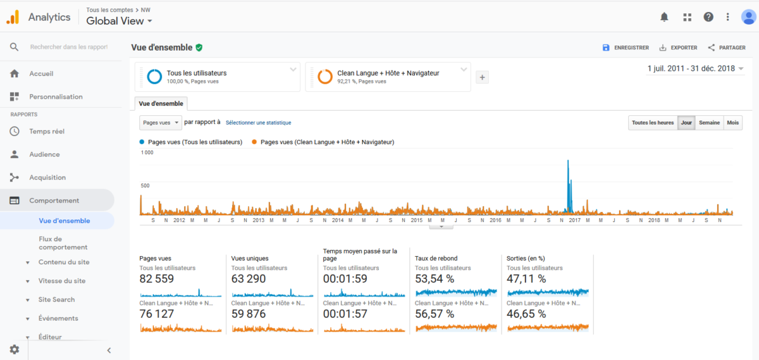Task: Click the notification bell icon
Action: (664, 17)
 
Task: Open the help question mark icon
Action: (708, 17)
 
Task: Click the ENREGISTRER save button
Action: (626, 48)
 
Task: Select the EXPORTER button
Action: (678, 48)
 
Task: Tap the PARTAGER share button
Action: (727, 48)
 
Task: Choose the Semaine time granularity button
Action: (709, 123)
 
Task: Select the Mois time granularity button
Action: (732, 123)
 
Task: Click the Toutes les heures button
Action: (653, 123)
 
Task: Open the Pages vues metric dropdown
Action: (160, 123)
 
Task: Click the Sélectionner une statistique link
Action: (258, 123)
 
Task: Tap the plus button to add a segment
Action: (482, 78)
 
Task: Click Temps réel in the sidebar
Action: (47, 132)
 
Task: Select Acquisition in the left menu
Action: (47, 178)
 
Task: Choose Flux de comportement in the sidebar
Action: (63, 243)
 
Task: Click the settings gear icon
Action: (14, 349)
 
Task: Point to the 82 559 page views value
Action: (157, 279)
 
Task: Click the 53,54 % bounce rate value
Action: (435, 279)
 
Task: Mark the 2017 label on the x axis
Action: (575, 220)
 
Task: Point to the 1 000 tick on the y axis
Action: (147, 153)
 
